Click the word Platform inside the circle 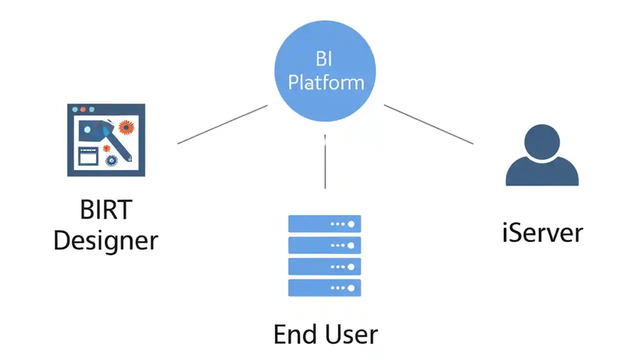click(x=326, y=82)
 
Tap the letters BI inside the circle click(x=324, y=59)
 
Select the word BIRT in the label click(x=105, y=210)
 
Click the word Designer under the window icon click(x=105, y=241)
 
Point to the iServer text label click(x=542, y=233)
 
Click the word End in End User click(x=294, y=334)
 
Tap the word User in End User click(x=352, y=334)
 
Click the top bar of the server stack click(x=324, y=223)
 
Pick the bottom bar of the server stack click(x=324, y=288)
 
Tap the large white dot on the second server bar click(x=351, y=245)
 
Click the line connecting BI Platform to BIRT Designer click(x=222, y=124)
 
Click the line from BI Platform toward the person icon click(x=428, y=124)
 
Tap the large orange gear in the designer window click(x=126, y=127)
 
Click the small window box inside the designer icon click(x=88, y=156)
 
